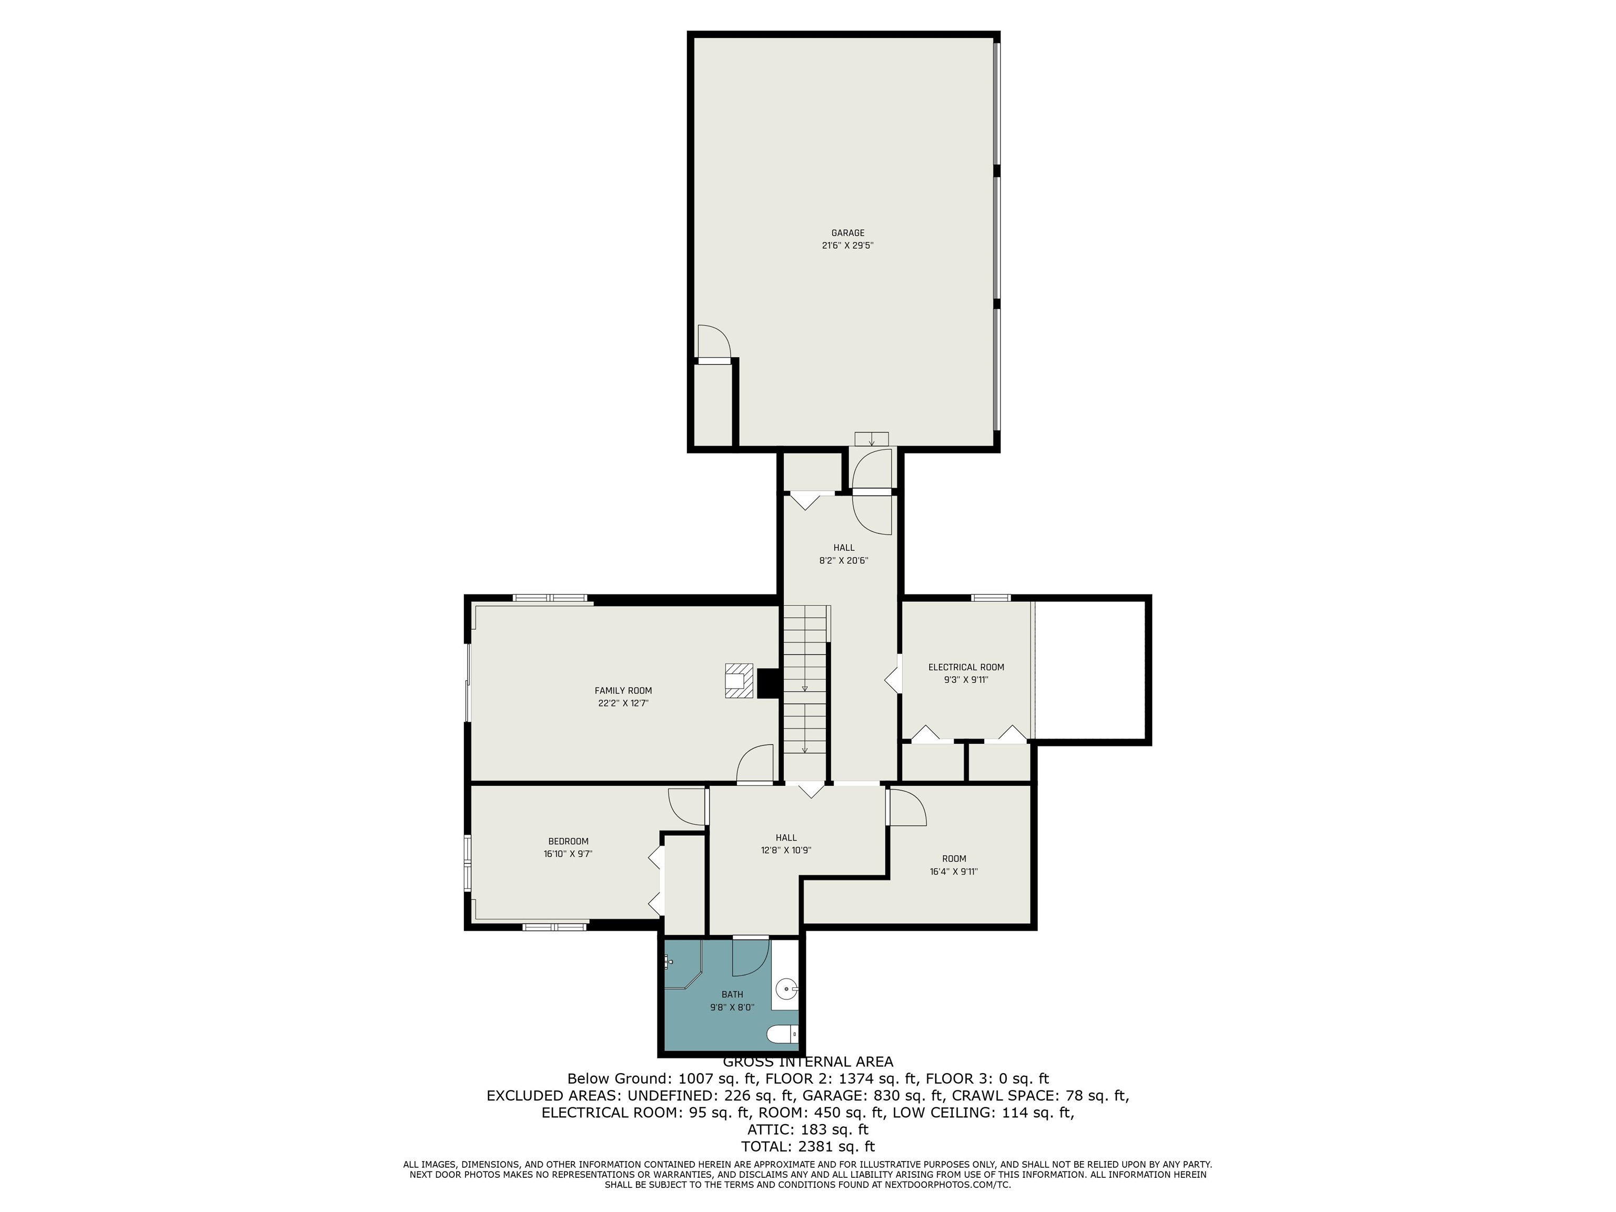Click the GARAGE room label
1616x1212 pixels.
(x=847, y=233)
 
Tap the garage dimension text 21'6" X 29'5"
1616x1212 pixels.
(x=847, y=246)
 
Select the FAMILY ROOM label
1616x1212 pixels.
(x=623, y=690)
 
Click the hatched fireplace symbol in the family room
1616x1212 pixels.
(x=739, y=680)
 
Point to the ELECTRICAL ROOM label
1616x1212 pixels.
(x=966, y=667)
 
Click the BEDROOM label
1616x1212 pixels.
(x=568, y=841)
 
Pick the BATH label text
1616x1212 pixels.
(x=732, y=994)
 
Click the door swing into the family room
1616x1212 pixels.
(x=755, y=763)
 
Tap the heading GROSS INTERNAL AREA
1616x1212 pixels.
(x=808, y=1062)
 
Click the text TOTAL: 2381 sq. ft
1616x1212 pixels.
(x=808, y=1146)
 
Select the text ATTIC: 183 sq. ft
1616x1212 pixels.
(x=808, y=1129)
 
